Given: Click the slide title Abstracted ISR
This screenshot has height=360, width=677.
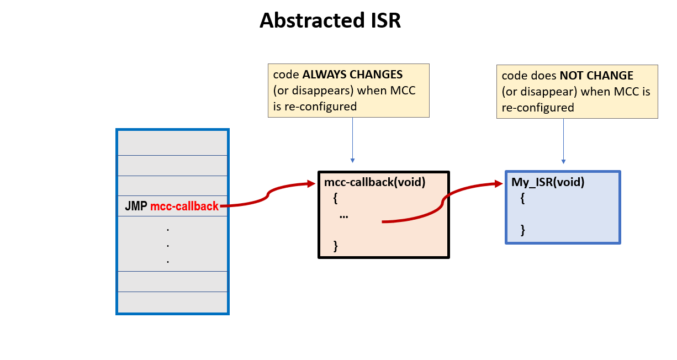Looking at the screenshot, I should pos(330,21).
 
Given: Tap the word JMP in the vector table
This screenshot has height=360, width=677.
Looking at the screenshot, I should pos(136,207).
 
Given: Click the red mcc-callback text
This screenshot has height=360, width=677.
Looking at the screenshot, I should pos(184,207).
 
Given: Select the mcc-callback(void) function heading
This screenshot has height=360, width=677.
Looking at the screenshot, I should pos(374,182).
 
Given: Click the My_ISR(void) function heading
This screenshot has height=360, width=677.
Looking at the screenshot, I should pos(548,182).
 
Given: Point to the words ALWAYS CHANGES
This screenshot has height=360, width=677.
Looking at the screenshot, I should pos(362,75).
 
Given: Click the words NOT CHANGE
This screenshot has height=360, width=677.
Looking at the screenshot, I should pos(597,76).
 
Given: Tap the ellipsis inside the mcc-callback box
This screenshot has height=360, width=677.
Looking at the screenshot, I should pos(344,216).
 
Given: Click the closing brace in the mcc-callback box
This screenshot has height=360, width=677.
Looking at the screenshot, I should pos(335,245).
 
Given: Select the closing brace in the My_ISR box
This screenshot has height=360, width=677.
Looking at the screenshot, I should pos(522,230).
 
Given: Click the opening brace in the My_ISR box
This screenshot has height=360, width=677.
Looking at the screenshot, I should pos(522,198).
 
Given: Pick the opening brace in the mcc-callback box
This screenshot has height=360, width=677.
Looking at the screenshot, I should pos(335,198).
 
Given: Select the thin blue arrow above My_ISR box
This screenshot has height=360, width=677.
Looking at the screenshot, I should pos(563,141).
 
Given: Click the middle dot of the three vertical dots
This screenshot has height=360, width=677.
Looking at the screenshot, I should pos(167,245).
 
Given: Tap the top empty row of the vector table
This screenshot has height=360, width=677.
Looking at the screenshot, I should pos(172,143).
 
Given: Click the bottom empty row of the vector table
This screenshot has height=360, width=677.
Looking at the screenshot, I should pos(172,302).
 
